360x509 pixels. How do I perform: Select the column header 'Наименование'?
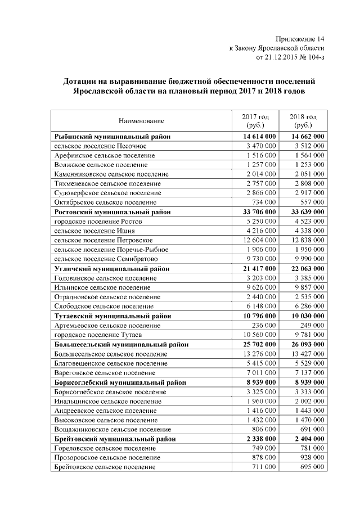coord(141,120)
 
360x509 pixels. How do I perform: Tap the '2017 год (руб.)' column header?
coord(255,120)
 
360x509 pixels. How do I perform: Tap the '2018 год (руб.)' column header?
coord(303,120)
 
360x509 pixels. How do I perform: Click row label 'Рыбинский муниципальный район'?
coord(112,136)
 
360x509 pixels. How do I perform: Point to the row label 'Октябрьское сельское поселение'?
coord(105,202)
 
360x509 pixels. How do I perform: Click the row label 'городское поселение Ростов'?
coord(98,222)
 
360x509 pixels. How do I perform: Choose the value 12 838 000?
coord(307,240)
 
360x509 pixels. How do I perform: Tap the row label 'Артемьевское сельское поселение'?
coord(107,325)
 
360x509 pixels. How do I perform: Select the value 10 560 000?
coord(259,335)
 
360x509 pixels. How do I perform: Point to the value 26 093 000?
coord(307,344)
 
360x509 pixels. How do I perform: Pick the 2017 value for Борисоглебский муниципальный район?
coord(261,382)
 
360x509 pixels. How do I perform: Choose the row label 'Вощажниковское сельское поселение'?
coord(110,429)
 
